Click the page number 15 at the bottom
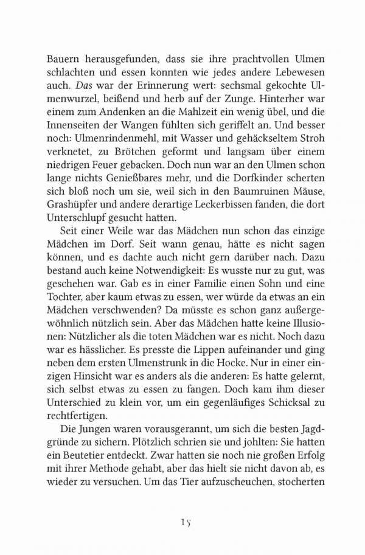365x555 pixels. [186, 522]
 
